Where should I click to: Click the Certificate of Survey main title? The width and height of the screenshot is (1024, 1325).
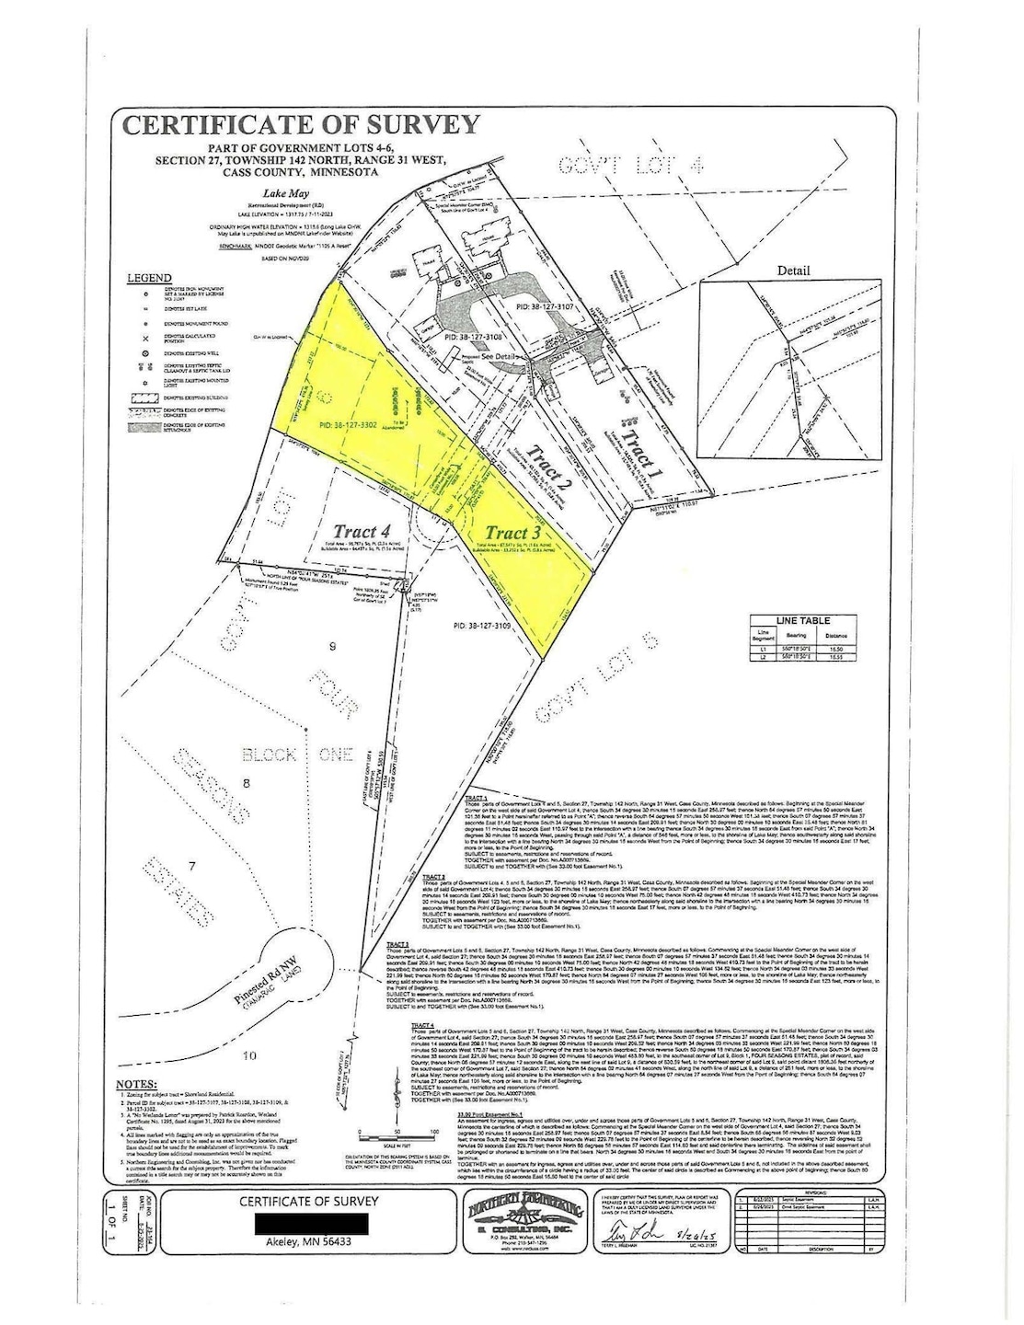pos(302,125)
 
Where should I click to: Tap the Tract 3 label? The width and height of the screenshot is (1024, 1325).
pos(512,533)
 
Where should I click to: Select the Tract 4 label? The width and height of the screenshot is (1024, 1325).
pos(354,532)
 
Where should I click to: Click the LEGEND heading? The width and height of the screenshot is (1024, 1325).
pos(149,278)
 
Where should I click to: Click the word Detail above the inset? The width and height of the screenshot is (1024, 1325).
pos(793,271)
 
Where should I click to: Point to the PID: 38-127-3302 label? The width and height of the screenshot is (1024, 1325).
pos(350,426)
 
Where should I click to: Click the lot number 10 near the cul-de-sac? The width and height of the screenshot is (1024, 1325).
pos(248,1055)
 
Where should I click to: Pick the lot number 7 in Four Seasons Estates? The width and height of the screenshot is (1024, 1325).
pos(191,866)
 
